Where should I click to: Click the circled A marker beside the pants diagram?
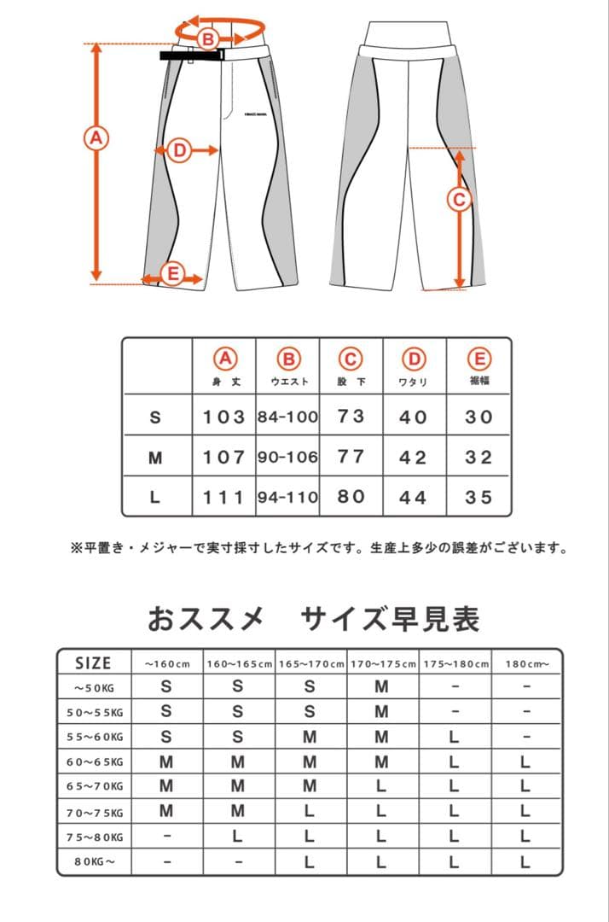coord(96,137)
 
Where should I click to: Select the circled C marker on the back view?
coord(460,199)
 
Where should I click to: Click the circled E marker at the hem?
coord(172,274)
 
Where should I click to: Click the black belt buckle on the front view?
coord(191,56)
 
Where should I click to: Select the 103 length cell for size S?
coord(224,417)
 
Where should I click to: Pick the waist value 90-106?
coord(287,457)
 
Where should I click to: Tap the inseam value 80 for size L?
coord(351,496)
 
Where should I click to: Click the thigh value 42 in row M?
coord(413,457)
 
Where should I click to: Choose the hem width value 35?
coord(478,496)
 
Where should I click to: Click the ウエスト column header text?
coord(288,382)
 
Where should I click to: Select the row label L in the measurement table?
coord(154,497)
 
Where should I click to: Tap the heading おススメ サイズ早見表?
coord(313,617)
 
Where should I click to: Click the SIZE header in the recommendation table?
coord(93,663)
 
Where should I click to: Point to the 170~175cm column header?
coord(382,663)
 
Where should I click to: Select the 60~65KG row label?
coord(95,762)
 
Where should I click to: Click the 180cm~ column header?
coord(525,663)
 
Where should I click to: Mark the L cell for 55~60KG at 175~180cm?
coord(454,737)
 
